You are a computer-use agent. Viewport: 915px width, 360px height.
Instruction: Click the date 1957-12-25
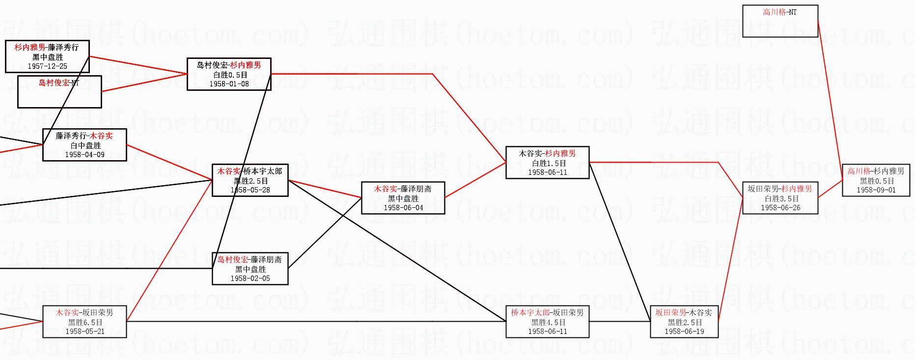point(47,66)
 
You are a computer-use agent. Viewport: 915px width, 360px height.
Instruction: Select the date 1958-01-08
point(229,84)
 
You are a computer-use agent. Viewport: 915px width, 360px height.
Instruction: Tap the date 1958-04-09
point(84,155)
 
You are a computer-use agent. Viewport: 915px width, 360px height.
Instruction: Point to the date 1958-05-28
point(250,190)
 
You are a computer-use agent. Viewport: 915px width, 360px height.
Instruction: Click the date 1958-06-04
point(403,208)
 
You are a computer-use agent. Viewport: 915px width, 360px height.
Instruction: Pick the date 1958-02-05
point(250,278)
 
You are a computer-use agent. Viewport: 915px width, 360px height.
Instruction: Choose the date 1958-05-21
point(85,332)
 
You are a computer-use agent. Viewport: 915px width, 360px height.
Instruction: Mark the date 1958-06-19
point(684,332)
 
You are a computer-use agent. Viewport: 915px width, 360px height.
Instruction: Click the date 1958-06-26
point(780,208)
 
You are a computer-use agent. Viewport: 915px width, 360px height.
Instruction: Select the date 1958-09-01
point(876,190)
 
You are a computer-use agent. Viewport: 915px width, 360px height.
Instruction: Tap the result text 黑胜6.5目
point(85,322)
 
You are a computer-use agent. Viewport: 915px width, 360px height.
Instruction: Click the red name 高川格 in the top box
point(774,12)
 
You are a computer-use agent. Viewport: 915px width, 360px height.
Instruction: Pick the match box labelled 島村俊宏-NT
point(59,91)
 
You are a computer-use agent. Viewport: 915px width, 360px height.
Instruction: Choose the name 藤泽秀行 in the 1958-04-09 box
point(71,136)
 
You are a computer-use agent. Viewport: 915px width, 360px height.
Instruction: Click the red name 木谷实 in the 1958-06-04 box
point(385,189)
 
